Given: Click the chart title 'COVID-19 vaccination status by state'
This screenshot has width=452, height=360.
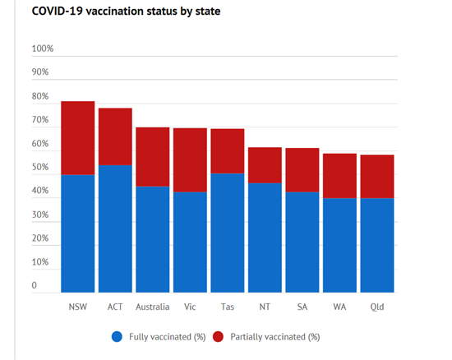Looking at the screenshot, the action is point(126,12).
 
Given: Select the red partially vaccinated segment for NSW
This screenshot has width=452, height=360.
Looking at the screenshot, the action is point(78,138).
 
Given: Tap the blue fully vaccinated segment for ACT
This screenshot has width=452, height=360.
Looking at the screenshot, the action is point(115,228).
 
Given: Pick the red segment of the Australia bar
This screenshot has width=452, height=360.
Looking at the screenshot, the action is point(153,157).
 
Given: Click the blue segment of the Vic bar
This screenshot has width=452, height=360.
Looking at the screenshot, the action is point(190,242).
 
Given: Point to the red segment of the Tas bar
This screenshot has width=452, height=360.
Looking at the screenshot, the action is point(228,151).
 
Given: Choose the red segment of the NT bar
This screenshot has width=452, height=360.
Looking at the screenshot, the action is point(265,165).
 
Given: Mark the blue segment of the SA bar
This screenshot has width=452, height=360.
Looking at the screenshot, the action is point(302,242).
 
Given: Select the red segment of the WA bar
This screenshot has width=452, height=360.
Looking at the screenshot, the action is point(339,176).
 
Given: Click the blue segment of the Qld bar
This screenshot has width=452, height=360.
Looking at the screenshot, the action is point(377,245).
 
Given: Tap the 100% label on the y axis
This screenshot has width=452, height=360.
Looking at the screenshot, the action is point(43,48).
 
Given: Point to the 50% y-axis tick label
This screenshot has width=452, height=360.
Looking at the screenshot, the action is point(40,167).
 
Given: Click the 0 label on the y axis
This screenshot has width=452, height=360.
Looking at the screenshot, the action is point(35,285).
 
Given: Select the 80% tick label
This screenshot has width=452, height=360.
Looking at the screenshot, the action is point(40,96).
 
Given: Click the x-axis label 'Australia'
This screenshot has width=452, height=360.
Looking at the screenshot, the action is point(153,307).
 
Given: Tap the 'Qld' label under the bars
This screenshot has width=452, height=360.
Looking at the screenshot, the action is point(377,307).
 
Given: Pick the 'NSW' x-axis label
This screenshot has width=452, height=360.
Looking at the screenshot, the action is point(78,307).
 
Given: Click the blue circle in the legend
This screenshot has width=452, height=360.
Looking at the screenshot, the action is point(117,337).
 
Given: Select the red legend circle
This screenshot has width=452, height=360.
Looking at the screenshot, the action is point(219,337).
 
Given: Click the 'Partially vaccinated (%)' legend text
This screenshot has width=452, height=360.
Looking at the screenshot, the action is point(275,337).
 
